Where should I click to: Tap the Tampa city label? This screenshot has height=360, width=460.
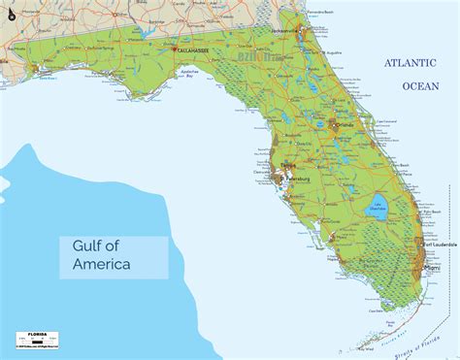285,167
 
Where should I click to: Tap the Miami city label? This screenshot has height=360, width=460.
432,269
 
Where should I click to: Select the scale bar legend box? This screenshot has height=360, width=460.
35,340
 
